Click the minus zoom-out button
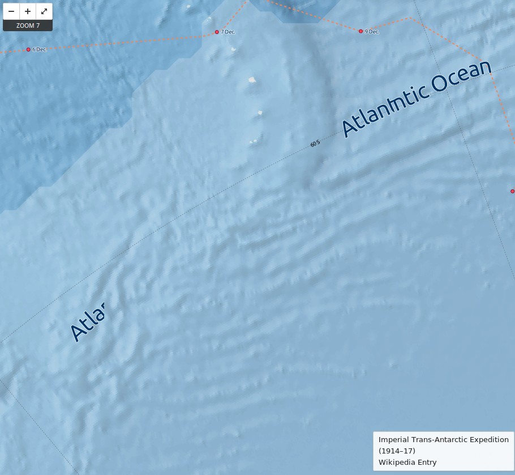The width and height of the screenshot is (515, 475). (x=11, y=11)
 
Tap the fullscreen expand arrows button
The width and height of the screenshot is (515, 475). (x=44, y=11)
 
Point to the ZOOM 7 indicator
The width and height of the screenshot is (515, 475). (x=28, y=26)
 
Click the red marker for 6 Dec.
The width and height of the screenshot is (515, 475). (x=28, y=49)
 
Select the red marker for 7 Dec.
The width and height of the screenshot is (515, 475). (x=217, y=32)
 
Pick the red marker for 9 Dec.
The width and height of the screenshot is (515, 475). (x=360, y=31)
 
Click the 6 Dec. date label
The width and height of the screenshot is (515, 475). (x=40, y=49)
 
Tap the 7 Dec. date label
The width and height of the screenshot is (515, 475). (x=228, y=32)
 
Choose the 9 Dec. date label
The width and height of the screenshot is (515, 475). (x=372, y=31)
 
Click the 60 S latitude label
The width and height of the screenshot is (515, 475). (x=315, y=143)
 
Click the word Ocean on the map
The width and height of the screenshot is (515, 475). (x=461, y=78)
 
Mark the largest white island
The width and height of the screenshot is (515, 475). (x=252, y=80)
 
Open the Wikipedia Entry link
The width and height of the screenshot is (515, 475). (x=407, y=462)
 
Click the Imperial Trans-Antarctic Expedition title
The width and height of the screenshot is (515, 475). (x=443, y=439)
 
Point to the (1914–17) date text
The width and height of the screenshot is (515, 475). (x=397, y=451)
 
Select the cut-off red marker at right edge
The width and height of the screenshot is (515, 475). (x=513, y=191)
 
